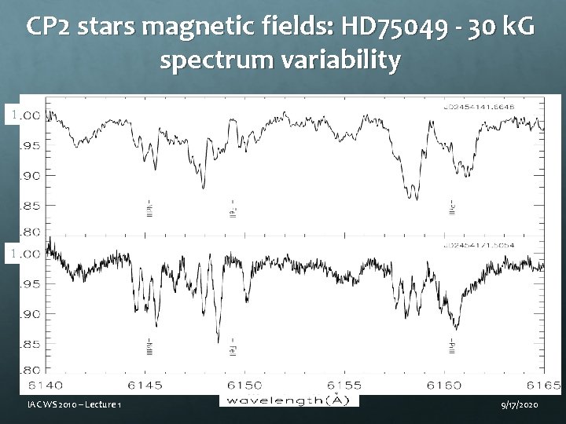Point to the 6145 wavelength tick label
(146, 385)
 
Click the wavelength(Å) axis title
(289, 400)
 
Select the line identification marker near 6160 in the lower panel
(451, 345)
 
